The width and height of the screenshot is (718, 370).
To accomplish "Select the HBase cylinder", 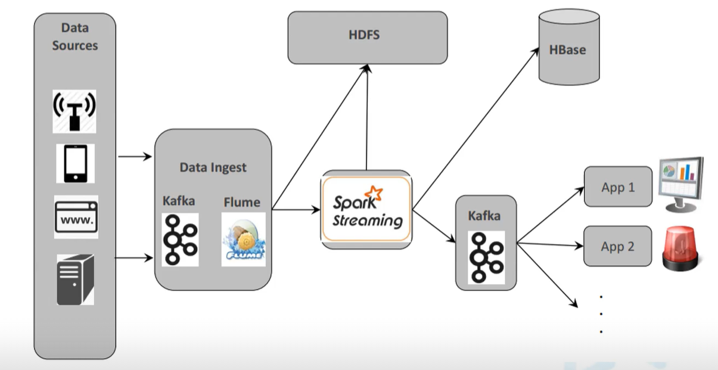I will pyautogui.click(x=568, y=48).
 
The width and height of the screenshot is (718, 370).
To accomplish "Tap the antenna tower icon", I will pyautogui.click(x=74, y=111).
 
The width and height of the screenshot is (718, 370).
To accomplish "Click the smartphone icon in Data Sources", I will pyautogui.click(x=75, y=163).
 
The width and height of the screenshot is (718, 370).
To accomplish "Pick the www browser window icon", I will pyautogui.click(x=76, y=217).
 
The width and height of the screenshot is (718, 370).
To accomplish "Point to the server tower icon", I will pyautogui.click(x=75, y=279).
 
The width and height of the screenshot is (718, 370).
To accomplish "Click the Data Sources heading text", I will pyautogui.click(x=74, y=36).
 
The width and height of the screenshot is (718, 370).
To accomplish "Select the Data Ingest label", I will pyautogui.click(x=213, y=167).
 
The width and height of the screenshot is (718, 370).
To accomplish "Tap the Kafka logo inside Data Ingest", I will pyautogui.click(x=180, y=240).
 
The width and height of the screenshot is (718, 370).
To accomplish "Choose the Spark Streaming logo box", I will pyautogui.click(x=366, y=209).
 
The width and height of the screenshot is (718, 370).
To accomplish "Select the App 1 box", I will pyautogui.click(x=618, y=187).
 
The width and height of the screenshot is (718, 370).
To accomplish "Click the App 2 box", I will pyautogui.click(x=618, y=246).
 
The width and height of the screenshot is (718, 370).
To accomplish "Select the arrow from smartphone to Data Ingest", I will pyautogui.click(x=135, y=157).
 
